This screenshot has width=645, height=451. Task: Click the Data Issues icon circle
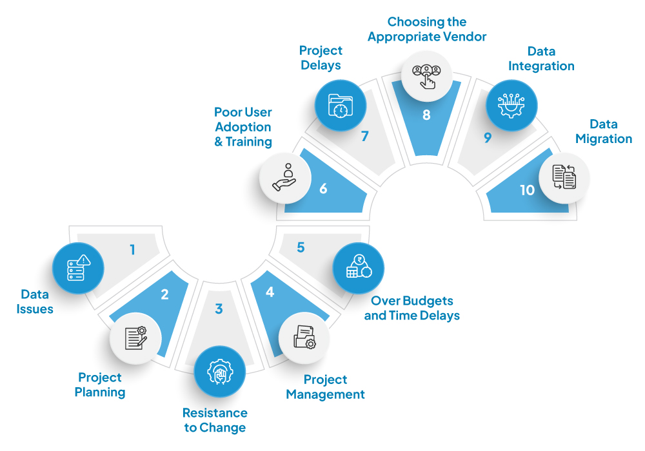click(78, 268)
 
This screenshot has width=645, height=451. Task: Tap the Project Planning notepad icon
click(135, 338)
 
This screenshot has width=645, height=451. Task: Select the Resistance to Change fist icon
click(220, 372)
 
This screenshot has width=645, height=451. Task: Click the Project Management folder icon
click(304, 337)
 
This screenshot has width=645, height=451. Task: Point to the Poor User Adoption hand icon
click(284, 177)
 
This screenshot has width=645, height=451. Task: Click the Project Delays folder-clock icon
click(341, 106)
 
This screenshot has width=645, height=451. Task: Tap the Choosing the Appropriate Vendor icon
click(426, 77)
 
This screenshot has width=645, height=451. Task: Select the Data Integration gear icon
click(511, 106)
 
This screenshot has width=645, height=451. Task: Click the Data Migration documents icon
click(564, 177)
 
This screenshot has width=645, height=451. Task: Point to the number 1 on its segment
click(132, 249)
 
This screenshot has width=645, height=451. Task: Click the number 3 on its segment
click(219, 309)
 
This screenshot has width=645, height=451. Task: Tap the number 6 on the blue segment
click(323, 189)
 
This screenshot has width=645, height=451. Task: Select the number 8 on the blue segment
click(426, 115)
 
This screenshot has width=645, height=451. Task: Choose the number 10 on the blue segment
click(527, 190)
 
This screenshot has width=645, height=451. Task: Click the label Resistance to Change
click(215, 420)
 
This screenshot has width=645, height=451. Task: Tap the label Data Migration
click(604, 131)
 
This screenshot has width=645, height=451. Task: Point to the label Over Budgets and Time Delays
click(412, 308)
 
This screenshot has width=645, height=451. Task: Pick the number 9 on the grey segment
click(488, 138)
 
